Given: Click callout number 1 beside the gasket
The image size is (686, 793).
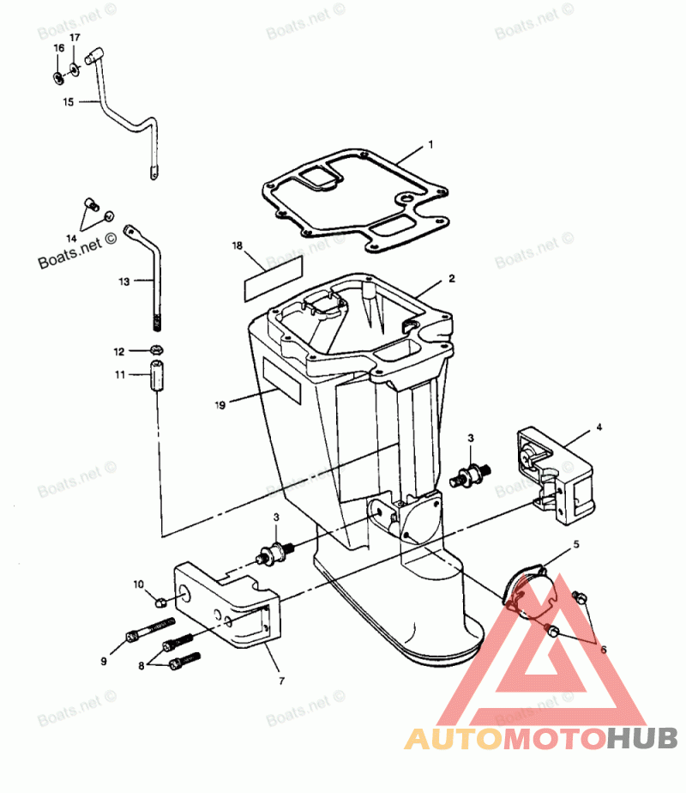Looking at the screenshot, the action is (430, 144).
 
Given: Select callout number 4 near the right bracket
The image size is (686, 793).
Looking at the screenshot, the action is (599, 427).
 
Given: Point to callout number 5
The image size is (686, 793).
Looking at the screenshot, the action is (576, 544).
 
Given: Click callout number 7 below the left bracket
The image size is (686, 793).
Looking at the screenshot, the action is (282, 681).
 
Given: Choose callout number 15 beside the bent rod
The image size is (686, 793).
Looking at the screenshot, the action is (69, 101).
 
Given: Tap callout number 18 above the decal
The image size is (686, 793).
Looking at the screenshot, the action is (238, 245).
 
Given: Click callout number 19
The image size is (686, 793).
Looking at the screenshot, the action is (220, 403).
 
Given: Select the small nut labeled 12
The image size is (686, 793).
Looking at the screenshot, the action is (157, 350).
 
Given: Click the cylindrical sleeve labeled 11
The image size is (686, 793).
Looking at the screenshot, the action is (157, 378).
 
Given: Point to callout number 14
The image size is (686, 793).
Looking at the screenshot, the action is (72, 237).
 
